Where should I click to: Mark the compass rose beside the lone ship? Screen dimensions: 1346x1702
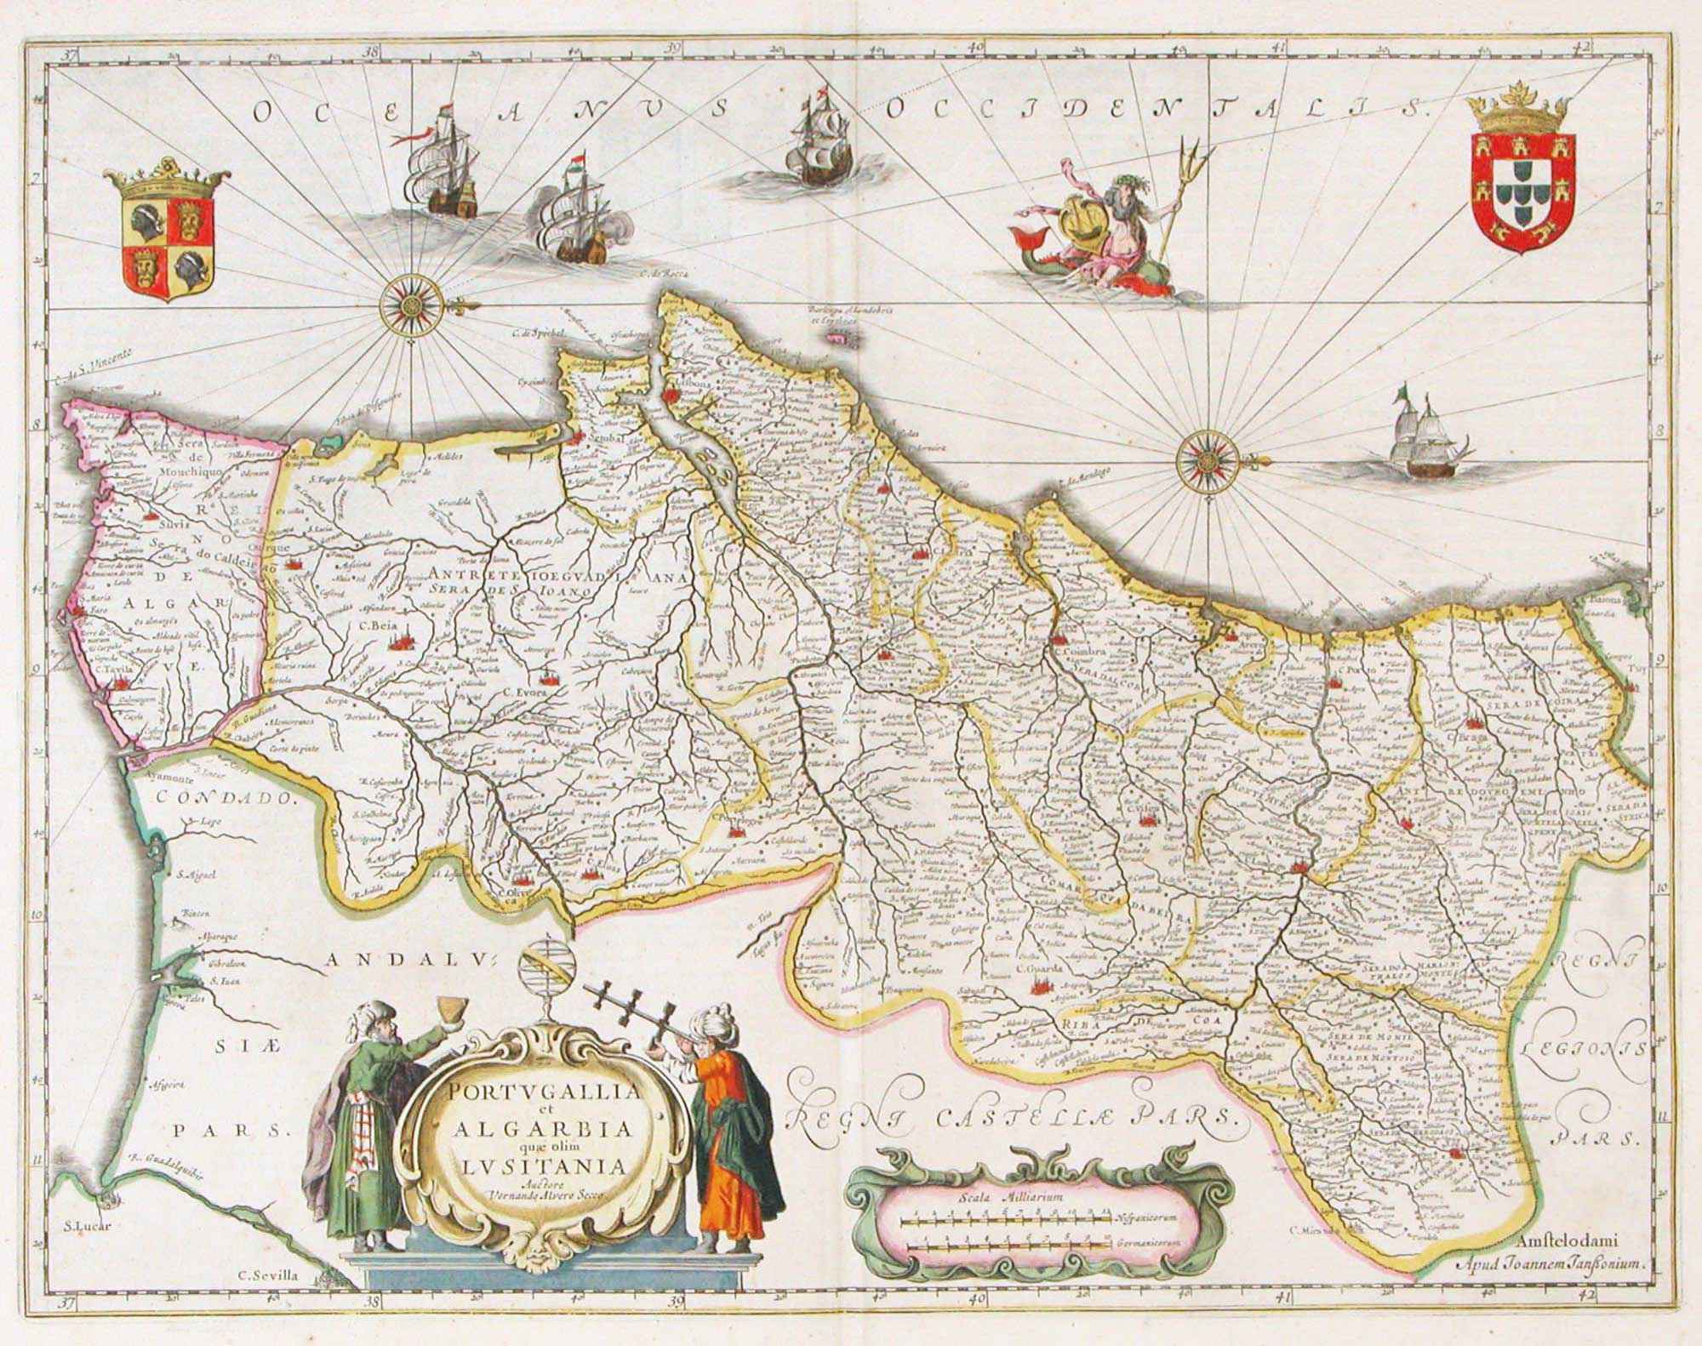coord(1208,462)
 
